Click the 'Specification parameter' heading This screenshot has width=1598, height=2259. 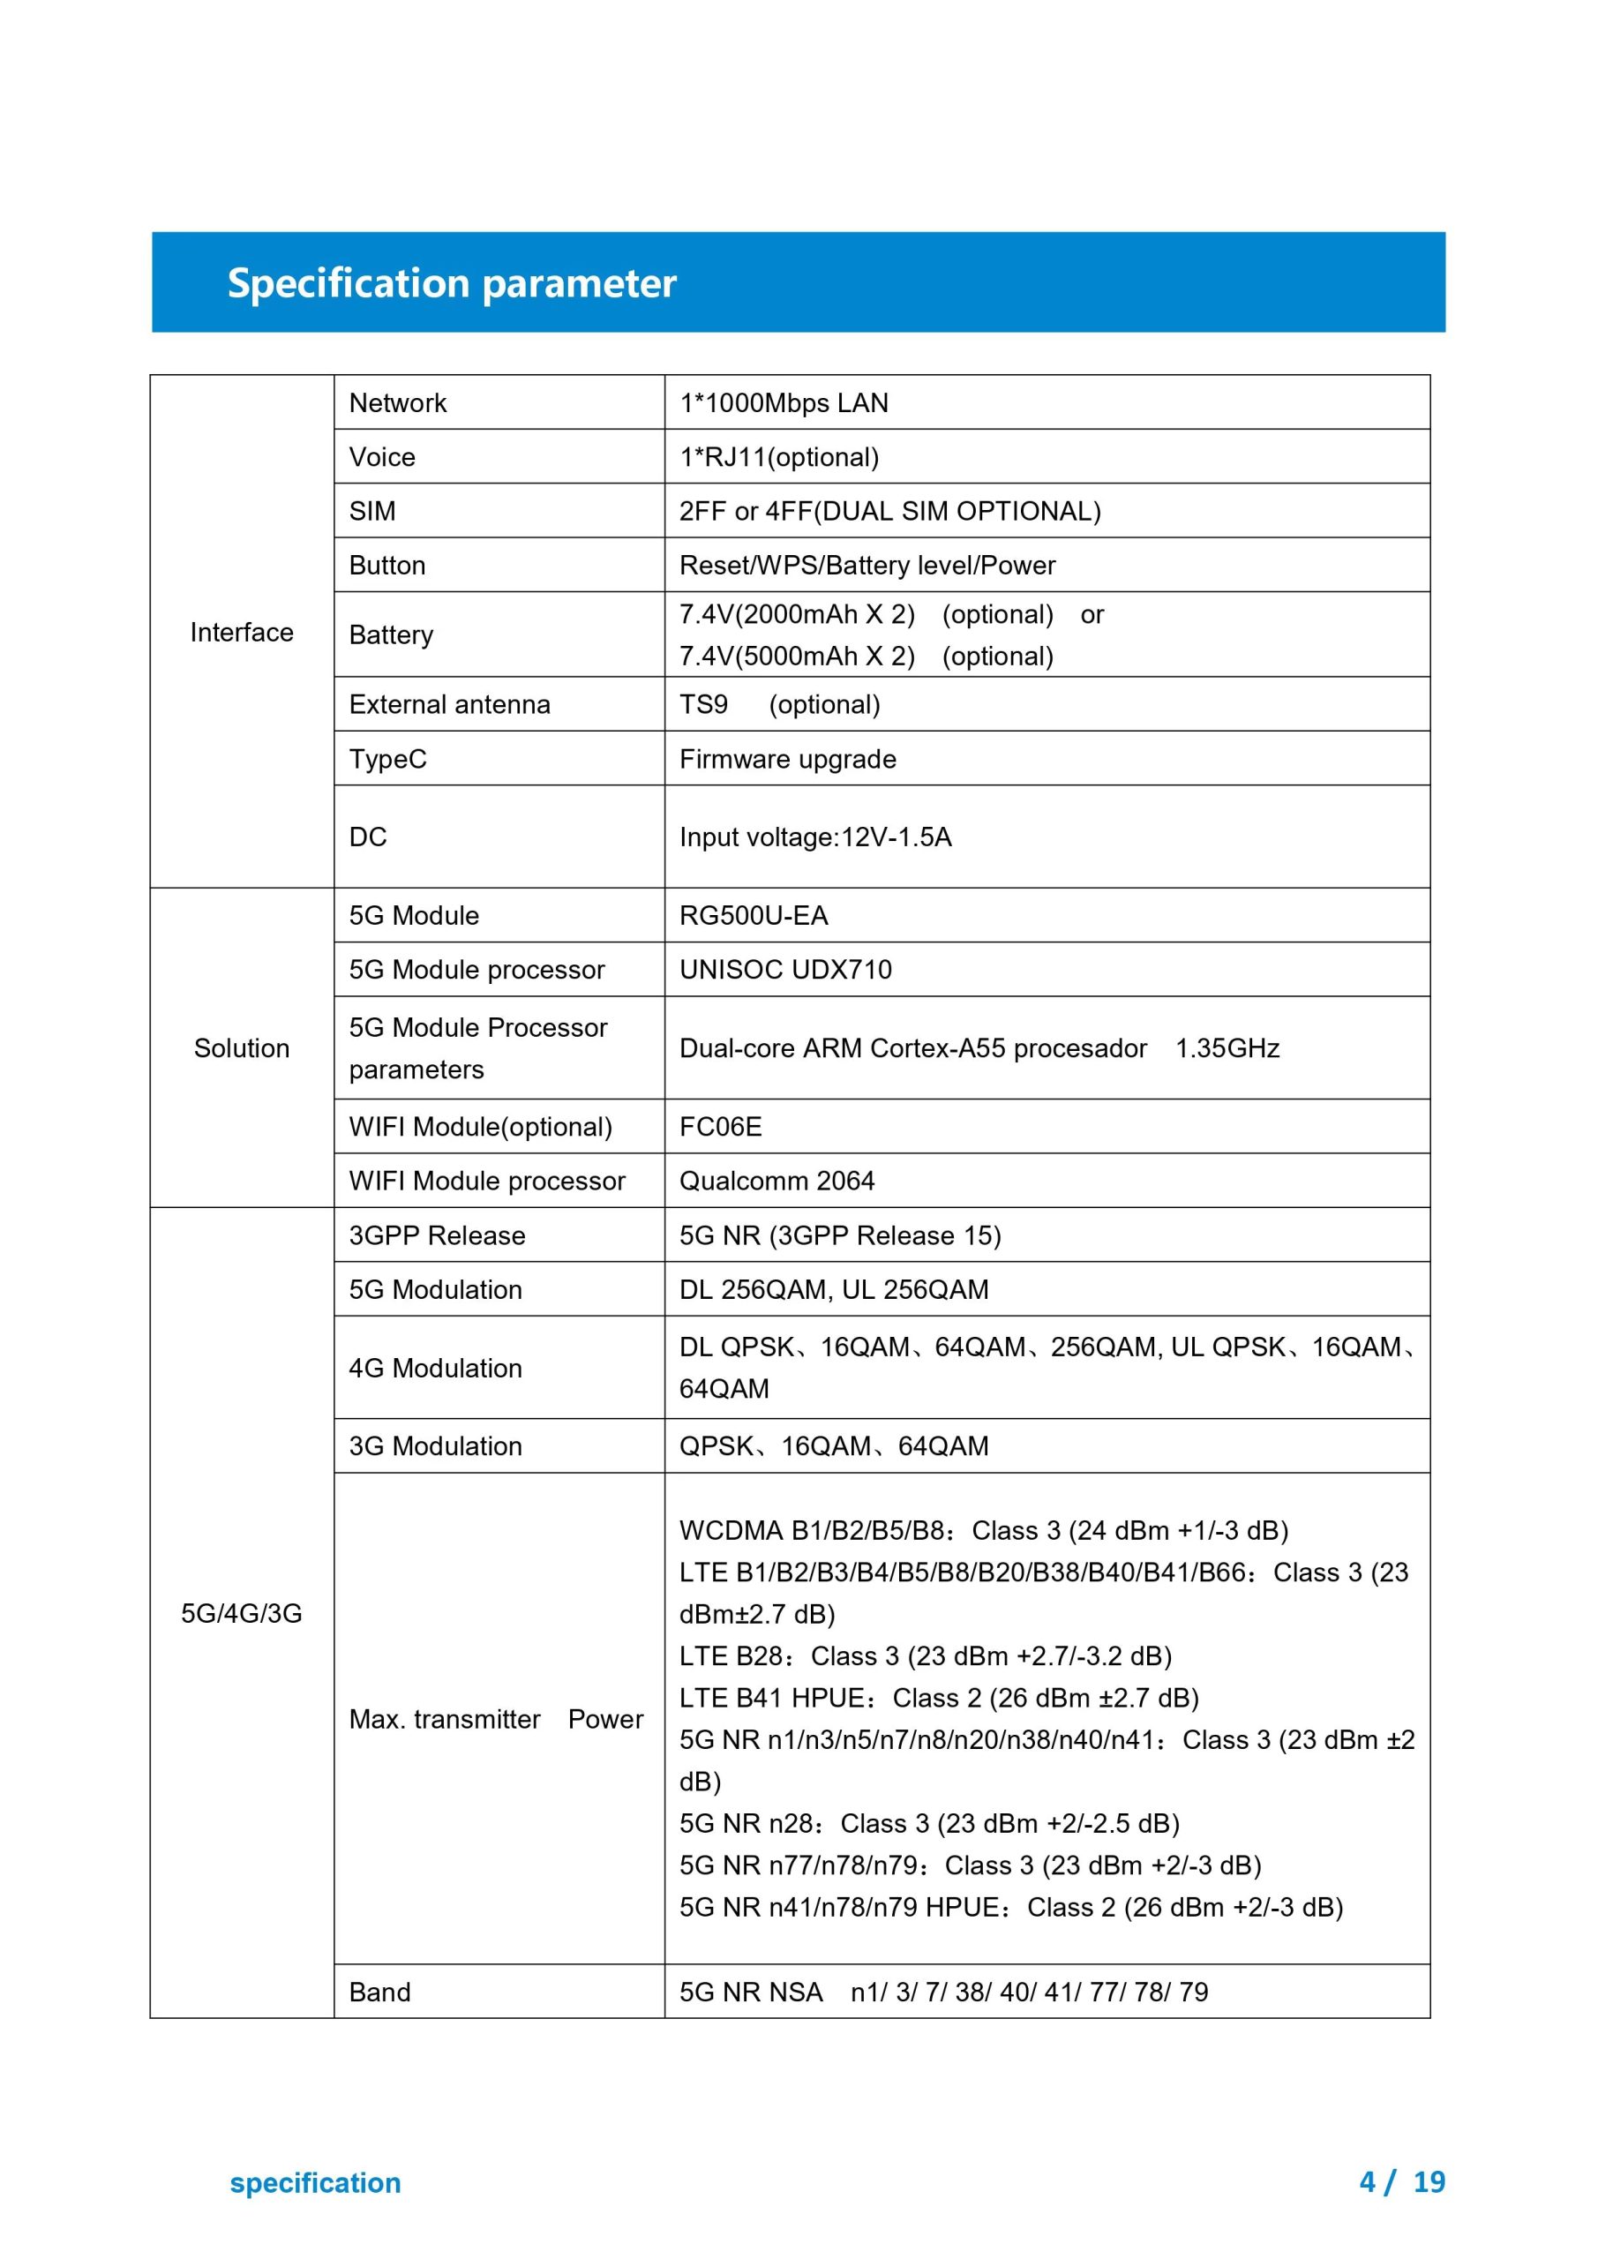tap(452, 283)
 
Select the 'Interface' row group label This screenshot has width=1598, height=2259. tap(241, 632)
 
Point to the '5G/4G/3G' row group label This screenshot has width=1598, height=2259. tap(241, 1614)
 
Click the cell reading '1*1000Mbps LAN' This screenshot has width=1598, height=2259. tap(784, 402)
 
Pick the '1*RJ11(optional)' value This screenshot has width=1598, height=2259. tap(778, 456)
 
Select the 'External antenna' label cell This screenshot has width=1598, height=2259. tap(449, 704)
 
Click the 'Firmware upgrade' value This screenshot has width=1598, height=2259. tap(787, 759)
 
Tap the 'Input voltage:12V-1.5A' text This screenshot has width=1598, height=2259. tap(814, 837)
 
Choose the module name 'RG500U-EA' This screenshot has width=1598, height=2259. tap(753, 915)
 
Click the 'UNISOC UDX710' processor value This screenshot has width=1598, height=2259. tap(785, 969)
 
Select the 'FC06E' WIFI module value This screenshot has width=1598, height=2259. tap(720, 1127)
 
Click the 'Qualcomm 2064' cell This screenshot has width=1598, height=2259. tap(776, 1181)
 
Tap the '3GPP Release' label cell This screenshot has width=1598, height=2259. tap(437, 1235)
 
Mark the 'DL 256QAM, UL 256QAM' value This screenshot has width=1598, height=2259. tap(834, 1289)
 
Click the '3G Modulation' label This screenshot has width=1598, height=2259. tap(435, 1445)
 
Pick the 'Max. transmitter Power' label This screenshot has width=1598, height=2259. tap(496, 1719)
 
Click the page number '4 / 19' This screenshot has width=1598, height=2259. tap(1401, 2182)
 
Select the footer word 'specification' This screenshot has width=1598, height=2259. tap(315, 2183)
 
